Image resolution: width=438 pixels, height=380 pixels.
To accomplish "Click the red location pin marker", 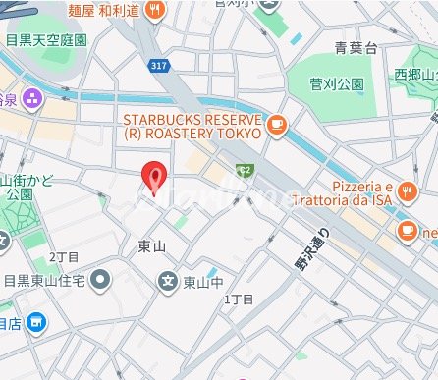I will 153,176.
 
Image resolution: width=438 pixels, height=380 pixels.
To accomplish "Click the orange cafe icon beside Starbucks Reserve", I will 277,125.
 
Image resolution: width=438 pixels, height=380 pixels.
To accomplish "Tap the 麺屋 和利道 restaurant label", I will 101,11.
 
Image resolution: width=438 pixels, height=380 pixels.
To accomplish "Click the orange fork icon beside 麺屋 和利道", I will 155,11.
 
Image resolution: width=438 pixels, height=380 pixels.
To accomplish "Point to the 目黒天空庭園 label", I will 45,41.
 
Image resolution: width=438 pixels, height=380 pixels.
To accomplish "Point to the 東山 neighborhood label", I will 152,245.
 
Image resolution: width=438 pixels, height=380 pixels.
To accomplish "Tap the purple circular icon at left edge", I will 31,97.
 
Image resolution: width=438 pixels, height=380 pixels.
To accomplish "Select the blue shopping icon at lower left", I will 36,321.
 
